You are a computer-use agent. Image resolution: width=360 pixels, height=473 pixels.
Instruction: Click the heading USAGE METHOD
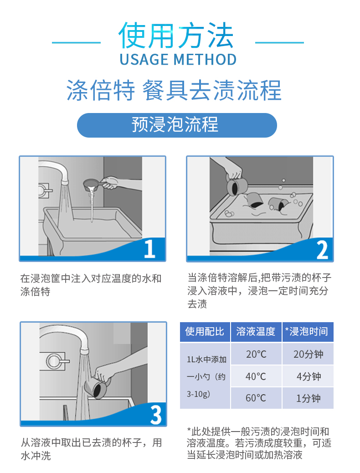coord(178,59)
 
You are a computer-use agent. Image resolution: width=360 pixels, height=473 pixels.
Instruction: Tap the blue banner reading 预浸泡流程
coord(177,125)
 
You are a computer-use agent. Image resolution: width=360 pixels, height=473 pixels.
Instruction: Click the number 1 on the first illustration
coord(149,249)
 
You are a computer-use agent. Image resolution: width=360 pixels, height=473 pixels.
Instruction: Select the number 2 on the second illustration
coord(322,250)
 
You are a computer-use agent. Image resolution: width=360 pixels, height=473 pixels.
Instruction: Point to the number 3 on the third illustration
coord(156,415)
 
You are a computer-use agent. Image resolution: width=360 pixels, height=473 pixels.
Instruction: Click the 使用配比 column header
coord(205,332)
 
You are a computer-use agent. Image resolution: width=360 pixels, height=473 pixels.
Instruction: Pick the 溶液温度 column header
coord(256,332)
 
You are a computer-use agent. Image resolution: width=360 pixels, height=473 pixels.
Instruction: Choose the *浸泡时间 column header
coord(308,332)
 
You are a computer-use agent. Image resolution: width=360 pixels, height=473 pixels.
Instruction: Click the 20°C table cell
coord(256,354)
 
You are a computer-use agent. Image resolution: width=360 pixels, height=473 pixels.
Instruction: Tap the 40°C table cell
coord(256,376)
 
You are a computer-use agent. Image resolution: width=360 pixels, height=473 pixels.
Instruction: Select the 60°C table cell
coord(256,398)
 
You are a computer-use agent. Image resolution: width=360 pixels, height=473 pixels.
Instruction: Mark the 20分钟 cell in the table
coord(308,354)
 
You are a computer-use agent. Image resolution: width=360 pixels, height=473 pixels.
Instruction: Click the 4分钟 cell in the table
coord(308,376)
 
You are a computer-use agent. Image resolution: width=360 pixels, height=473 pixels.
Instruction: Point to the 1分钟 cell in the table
coord(308,398)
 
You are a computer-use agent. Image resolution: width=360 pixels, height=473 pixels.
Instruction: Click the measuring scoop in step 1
coord(93,184)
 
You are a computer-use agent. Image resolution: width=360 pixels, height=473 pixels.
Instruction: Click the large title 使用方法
coord(176,36)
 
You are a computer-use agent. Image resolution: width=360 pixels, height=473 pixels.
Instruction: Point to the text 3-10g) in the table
coord(198,394)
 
